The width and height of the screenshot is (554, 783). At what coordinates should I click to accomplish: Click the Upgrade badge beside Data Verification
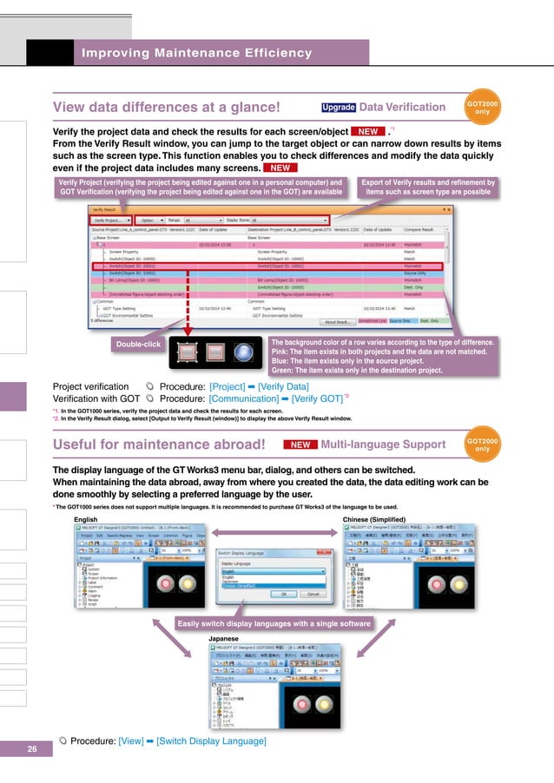tap(338, 108)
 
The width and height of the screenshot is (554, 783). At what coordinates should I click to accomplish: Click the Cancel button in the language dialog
tap(313, 594)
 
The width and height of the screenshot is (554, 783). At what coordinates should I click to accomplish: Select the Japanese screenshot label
tap(226, 638)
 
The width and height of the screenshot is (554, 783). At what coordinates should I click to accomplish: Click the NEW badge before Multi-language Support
tap(300, 444)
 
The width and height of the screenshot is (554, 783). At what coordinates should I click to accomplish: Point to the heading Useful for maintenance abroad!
tap(159, 445)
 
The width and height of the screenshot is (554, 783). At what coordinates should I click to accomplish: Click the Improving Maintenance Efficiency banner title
tap(196, 54)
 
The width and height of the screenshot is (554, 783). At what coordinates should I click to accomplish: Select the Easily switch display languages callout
tap(273, 623)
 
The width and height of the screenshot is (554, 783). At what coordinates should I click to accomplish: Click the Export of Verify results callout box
tap(430, 188)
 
